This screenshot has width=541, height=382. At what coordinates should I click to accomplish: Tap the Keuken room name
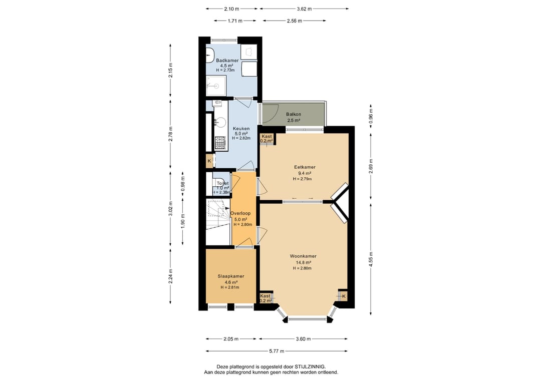click(241, 129)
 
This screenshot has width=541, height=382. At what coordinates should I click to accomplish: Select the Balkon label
click(294, 114)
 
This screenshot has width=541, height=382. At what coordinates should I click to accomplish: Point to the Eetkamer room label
click(305, 167)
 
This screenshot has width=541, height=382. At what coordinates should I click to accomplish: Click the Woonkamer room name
click(303, 256)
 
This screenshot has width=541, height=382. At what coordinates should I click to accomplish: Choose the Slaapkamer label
click(231, 276)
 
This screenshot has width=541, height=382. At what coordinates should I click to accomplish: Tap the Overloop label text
click(240, 213)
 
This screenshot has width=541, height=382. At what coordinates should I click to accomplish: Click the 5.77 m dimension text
click(277, 351)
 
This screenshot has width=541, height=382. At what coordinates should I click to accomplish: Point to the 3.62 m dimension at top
click(305, 9)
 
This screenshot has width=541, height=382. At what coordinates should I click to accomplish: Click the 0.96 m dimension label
click(371, 116)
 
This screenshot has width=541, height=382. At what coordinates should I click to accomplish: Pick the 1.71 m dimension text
click(235, 21)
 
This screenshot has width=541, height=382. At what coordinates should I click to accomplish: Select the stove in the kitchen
click(220, 143)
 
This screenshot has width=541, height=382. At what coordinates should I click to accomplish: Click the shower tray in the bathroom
click(216, 86)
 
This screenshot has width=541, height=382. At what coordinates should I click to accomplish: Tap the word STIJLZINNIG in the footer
click(310, 367)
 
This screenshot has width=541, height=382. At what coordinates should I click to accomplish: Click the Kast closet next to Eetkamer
click(266, 139)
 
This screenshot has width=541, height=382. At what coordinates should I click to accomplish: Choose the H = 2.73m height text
click(225, 70)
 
